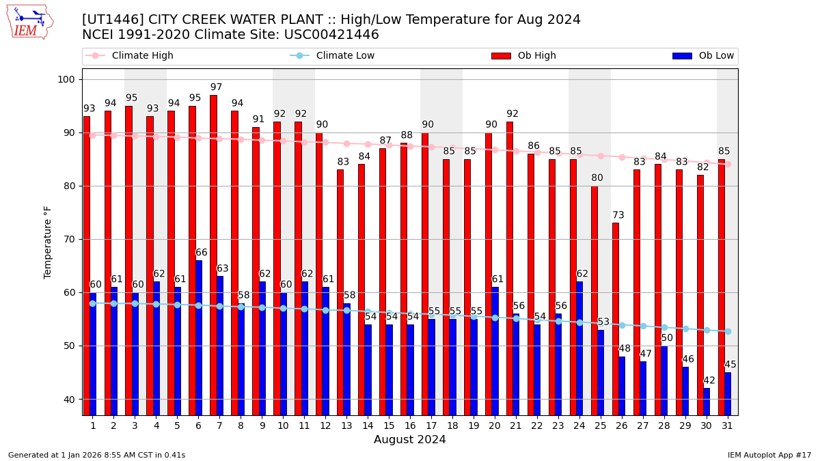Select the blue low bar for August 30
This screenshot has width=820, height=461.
(707, 402)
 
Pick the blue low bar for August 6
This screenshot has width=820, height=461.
(199, 337)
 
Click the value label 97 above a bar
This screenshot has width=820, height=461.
(216, 87)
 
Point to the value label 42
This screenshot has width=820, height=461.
(709, 380)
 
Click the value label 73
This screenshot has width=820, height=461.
(618, 215)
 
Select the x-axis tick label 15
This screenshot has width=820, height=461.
(389, 425)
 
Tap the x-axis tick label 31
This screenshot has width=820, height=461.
(727, 425)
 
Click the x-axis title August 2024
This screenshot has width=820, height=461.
(409, 440)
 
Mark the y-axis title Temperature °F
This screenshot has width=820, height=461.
(48, 242)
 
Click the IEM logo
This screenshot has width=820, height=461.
(29, 22)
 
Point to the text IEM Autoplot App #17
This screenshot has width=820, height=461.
(769, 455)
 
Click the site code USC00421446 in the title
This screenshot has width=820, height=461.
(330, 35)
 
